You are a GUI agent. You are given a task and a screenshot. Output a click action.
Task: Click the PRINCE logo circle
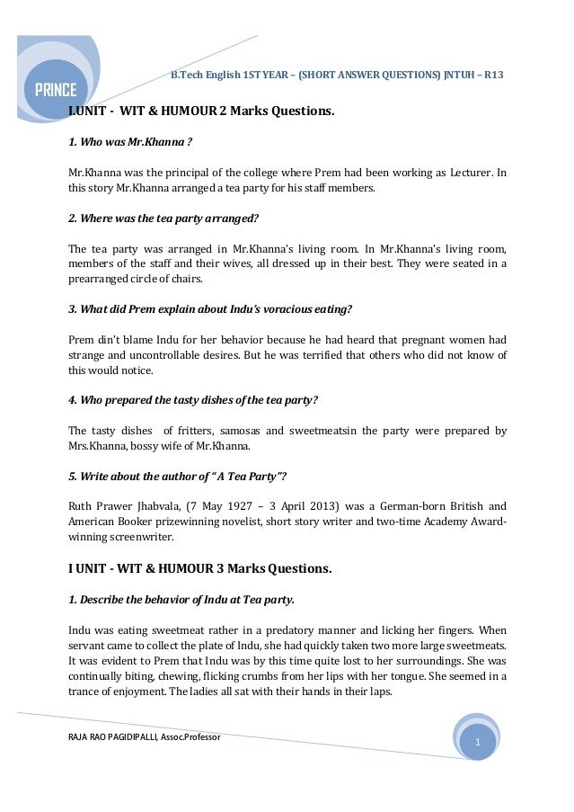[56, 89]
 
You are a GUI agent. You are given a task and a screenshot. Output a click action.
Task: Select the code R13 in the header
[493, 75]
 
